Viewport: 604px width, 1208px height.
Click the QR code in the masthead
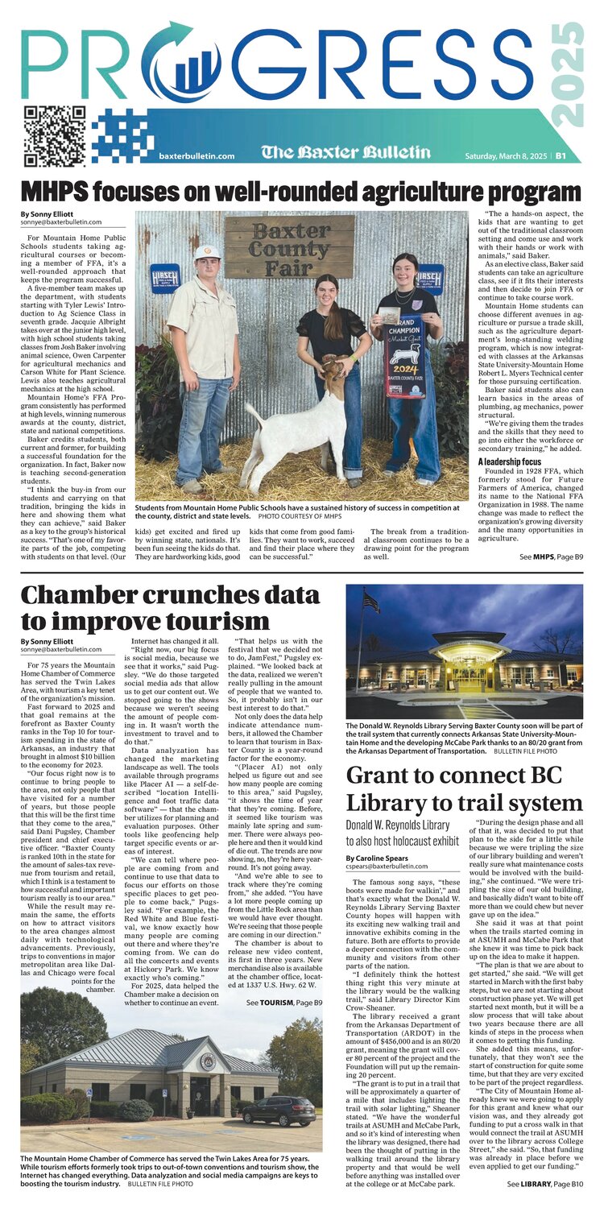click(55, 136)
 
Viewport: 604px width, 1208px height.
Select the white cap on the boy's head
click(208, 252)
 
